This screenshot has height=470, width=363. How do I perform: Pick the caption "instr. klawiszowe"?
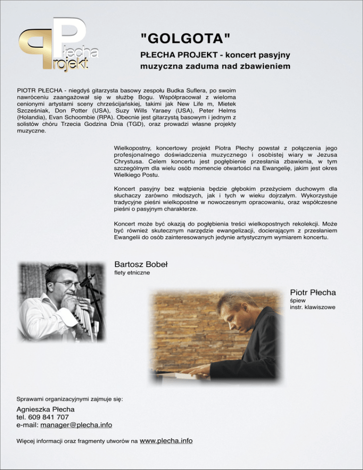tap(312, 307)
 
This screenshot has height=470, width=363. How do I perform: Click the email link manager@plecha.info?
tap(76, 425)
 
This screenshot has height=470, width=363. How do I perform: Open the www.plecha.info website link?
tap(166, 441)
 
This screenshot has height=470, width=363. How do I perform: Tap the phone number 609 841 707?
tap(49, 417)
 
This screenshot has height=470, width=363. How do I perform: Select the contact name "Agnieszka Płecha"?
tap(46, 409)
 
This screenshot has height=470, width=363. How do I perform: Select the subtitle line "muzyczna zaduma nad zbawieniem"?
tap(215, 67)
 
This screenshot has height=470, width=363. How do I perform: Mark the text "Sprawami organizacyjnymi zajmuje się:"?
tap(70, 399)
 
